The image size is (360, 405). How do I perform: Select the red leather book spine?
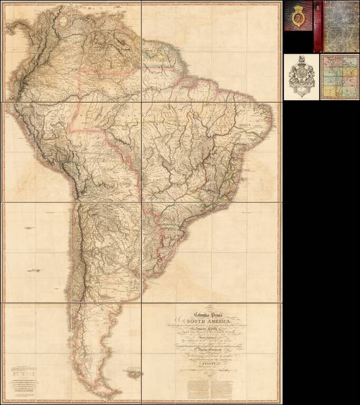point(317,26)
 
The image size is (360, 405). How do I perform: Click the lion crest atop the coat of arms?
point(301,59)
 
